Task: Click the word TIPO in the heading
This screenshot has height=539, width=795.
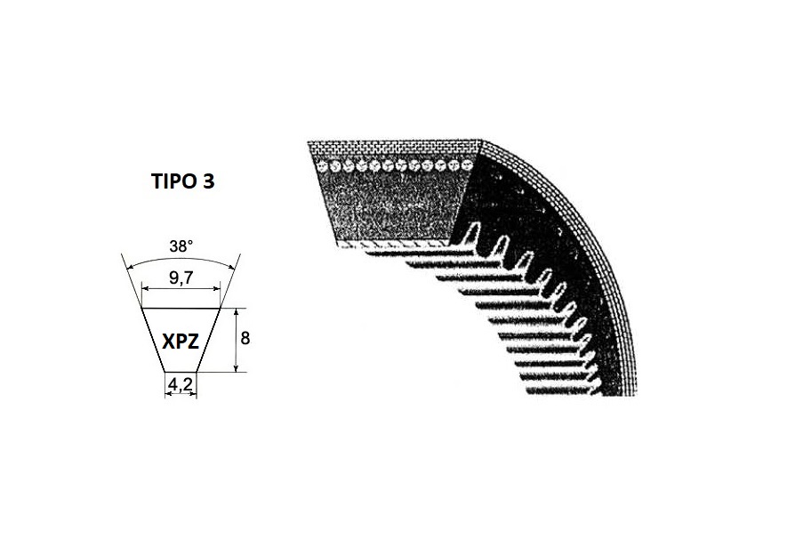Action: click(x=174, y=181)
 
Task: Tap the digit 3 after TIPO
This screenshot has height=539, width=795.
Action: click(x=209, y=181)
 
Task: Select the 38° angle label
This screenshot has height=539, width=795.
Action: click(x=181, y=247)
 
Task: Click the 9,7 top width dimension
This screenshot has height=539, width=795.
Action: click(x=181, y=278)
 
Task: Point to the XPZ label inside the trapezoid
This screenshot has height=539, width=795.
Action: click(x=181, y=341)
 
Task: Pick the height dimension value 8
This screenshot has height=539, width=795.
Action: click(x=245, y=338)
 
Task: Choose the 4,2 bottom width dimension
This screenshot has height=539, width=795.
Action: click(x=181, y=385)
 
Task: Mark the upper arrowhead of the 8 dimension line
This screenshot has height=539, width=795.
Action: click(x=236, y=311)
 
